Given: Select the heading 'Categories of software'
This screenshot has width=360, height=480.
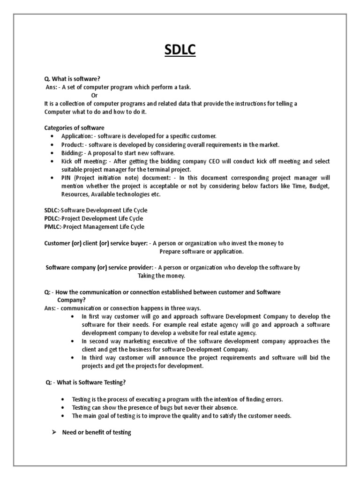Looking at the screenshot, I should click(75, 128).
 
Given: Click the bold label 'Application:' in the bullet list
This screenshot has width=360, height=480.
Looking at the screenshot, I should click(77, 136).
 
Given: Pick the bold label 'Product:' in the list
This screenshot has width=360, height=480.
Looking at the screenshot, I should click(73, 145).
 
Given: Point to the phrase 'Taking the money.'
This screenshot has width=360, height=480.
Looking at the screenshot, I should click(161, 276).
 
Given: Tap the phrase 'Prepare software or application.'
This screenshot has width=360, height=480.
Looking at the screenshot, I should click(202, 251).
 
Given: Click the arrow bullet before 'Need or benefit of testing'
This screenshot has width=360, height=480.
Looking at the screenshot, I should click(54, 432).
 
